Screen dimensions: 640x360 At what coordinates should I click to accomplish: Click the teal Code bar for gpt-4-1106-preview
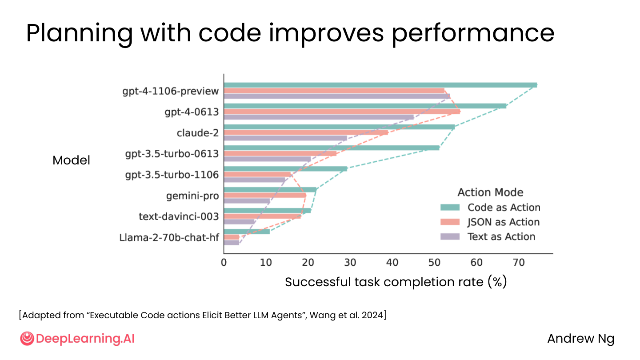click(x=380, y=85)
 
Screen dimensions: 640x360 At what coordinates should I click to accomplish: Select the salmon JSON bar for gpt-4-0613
click(x=342, y=112)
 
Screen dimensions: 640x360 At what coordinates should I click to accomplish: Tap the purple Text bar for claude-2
click(x=285, y=138)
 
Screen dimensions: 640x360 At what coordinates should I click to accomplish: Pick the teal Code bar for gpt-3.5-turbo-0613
click(x=332, y=148)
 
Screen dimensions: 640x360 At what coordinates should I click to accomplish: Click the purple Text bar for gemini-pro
click(x=247, y=201)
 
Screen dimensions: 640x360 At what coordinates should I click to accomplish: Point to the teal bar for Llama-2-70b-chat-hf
click(x=247, y=232)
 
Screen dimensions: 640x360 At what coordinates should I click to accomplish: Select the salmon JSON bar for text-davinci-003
click(x=262, y=216)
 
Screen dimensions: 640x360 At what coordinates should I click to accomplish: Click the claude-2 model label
click(x=198, y=133)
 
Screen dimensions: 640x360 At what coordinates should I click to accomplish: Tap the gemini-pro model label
click(x=192, y=196)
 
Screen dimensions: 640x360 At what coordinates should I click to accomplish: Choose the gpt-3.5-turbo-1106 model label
click(x=172, y=175)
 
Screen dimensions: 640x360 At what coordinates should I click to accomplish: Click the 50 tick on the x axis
click(x=434, y=262)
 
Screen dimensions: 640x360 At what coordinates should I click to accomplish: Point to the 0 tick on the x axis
click(x=224, y=262)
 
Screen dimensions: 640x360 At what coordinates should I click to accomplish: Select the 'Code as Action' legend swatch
click(x=450, y=208)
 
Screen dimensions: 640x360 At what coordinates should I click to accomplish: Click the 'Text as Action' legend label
click(x=501, y=236)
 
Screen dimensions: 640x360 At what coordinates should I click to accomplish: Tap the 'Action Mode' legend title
click(x=491, y=192)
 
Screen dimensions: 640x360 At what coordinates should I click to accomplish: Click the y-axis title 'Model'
click(x=72, y=160)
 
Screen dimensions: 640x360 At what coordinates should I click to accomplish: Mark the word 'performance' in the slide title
click(x=473, y=34)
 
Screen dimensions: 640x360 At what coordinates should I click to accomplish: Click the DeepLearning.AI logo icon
click(x=27, y=339)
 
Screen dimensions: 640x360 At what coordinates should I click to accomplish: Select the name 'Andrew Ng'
click(x=581, y=339)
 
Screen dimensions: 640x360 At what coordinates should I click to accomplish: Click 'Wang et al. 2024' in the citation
click(x=347, y=315)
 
